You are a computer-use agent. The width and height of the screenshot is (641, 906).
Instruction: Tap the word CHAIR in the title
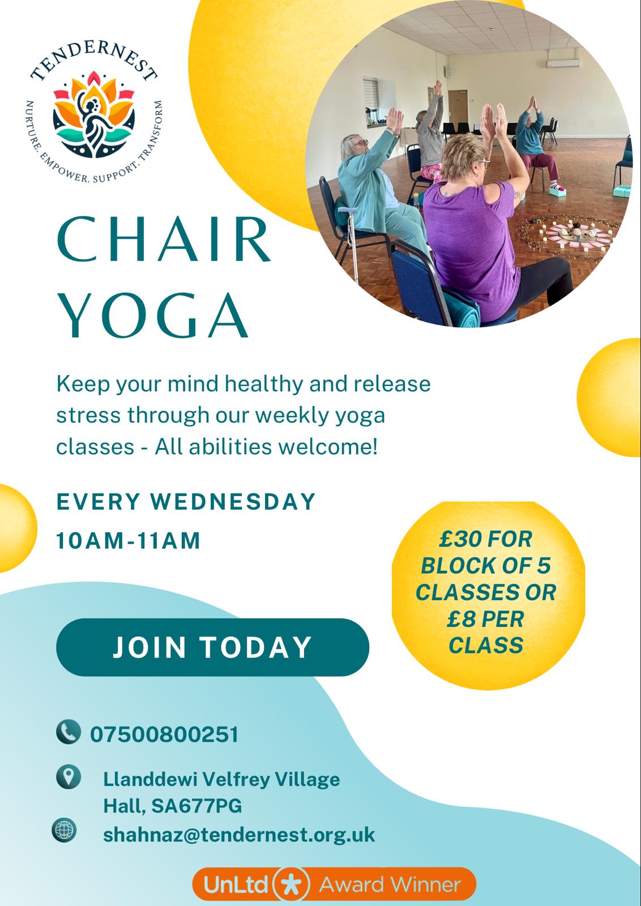coord(164,239)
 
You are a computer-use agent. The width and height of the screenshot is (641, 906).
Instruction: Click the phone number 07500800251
coord(164,734)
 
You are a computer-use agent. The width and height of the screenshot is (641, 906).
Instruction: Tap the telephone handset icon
coord(69,732)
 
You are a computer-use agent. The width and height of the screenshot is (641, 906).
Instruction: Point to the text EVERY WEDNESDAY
coord(186,502)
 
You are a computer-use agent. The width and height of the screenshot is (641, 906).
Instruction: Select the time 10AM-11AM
coord(128,540)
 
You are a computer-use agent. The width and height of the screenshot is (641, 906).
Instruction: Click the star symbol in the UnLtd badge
coord(292,884)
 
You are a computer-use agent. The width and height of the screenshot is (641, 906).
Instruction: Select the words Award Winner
coord(390,884)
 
